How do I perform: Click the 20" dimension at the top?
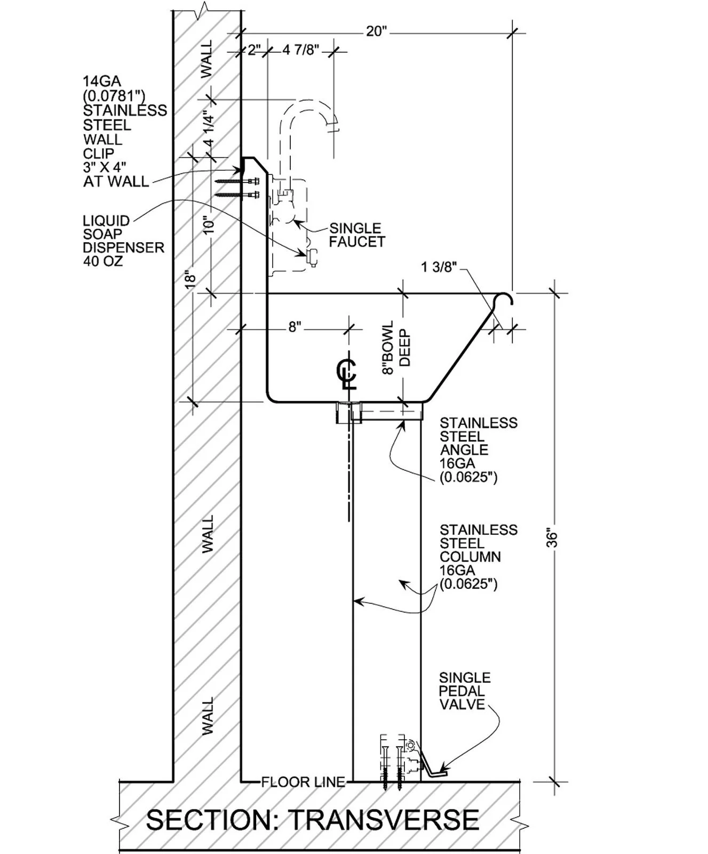(x=376, y=31)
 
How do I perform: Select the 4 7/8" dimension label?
(x=300, y=50)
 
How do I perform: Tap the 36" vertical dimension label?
(x=553, y=538)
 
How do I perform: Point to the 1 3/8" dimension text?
(x=440, y=266)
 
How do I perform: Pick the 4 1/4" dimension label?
(x=209, y=129)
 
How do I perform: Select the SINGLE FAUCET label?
(x=356, y=235)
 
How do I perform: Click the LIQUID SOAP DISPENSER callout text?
(x=123, y=241)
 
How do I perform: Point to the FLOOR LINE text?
(x=303, y=782)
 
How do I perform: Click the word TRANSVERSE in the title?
(x=383, y=819)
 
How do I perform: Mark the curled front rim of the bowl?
(x=504, y=300)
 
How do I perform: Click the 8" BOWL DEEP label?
(x=396, y=347)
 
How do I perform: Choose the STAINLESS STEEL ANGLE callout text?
(x=478, y=449)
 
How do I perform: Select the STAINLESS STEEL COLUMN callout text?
(x=478, y=557)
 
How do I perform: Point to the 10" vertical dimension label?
(x=209, y=224)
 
